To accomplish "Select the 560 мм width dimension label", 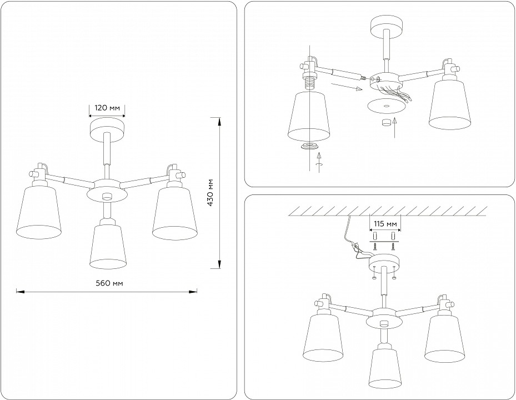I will click(109, 283).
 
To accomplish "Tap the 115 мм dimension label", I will click(385, 224).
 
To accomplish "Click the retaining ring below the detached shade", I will click(309, 147).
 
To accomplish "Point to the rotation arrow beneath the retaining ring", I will click(318, 162).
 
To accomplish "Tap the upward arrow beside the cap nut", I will click(395, 127).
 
